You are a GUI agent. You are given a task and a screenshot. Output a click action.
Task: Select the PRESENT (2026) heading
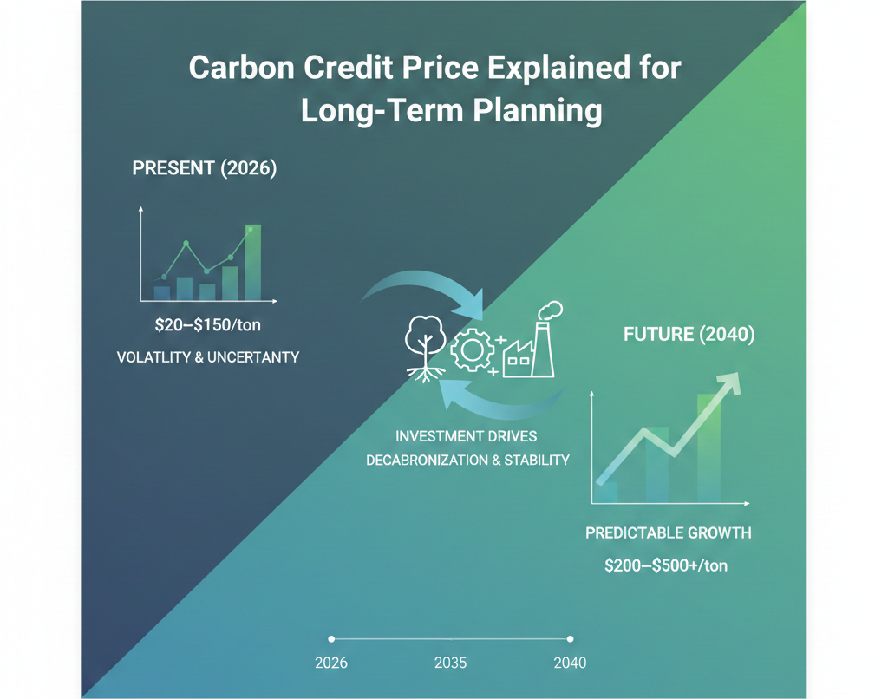coord(204,169)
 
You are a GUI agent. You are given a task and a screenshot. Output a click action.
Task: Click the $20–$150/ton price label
coord(207,326)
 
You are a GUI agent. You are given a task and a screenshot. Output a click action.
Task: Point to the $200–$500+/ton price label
coord(666,565)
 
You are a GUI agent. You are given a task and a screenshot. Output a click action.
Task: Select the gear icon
coord(472,350)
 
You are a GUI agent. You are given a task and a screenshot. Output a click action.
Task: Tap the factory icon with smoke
coord(530,342)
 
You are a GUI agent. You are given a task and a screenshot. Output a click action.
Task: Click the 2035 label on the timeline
coord(450,663)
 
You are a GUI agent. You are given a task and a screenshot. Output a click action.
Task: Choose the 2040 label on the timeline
coord(570,663)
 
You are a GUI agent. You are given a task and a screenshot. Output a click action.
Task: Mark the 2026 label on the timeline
coord(330,663)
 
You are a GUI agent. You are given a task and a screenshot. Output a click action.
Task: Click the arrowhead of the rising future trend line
coord(732,381)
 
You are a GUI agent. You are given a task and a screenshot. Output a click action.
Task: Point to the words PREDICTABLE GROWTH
coord(668,532)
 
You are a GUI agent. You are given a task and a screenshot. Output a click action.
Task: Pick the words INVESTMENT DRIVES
coord(466,435)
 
